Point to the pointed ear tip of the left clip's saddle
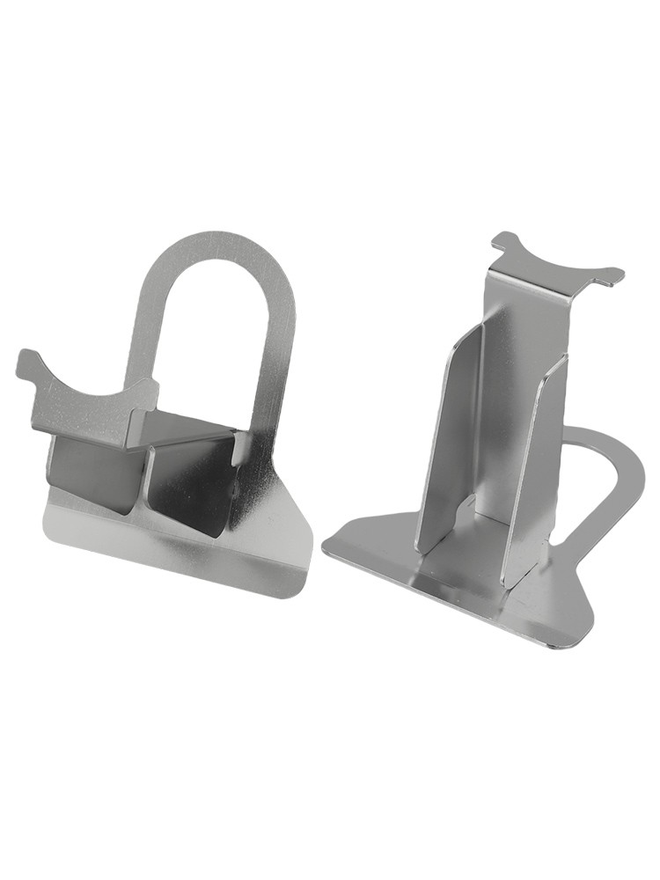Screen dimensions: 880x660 (x=25, y=361)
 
